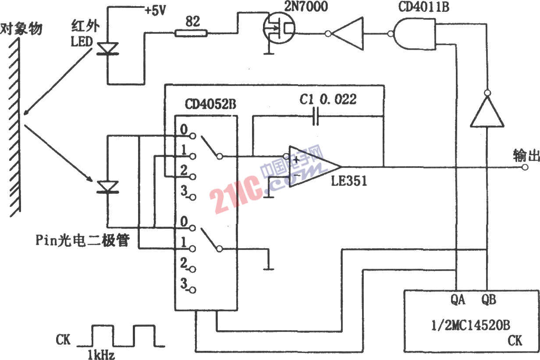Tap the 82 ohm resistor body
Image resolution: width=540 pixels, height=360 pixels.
191,33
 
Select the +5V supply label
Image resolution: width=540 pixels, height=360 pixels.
155,11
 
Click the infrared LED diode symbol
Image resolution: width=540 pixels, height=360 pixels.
107,48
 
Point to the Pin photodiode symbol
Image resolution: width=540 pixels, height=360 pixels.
107,187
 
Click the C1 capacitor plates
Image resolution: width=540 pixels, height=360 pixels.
316,117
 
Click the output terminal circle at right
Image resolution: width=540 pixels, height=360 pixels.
525,167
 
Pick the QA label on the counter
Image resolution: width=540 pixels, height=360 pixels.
458,300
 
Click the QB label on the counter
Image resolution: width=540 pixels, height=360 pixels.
489,300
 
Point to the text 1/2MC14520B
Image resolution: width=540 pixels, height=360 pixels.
471,325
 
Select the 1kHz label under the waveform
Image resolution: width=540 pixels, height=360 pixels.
101,354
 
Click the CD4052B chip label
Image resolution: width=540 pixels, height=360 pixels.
210,104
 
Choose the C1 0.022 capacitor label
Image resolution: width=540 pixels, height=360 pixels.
328,99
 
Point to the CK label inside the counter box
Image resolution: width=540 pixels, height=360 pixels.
515,341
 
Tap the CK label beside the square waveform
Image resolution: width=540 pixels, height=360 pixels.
63,340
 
